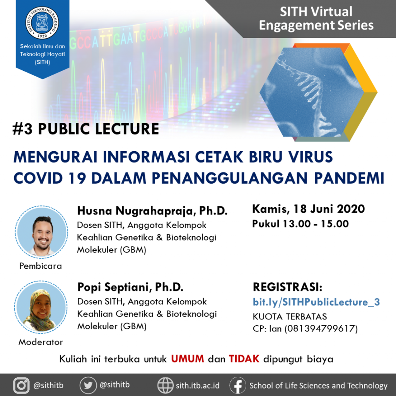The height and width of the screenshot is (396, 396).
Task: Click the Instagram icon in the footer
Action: coord(22,386)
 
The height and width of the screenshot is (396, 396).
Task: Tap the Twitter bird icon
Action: coord(88,386)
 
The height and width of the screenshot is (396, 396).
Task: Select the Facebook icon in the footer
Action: coord(237,386)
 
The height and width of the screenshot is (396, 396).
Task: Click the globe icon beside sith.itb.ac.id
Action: coord(166,386)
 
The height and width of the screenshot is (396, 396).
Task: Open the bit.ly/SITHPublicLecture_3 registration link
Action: coord(316,302)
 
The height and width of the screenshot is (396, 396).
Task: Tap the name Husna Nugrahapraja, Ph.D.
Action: coord(152,211)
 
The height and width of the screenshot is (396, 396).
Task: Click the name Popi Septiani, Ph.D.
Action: coord(130,287)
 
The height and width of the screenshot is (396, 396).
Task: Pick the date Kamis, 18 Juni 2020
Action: coord(309,209)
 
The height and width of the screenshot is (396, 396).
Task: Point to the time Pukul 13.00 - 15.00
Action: coord(300,224)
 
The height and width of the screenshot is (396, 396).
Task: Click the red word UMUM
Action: coord(188,358)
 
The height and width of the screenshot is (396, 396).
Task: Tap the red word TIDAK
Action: coord(244,358)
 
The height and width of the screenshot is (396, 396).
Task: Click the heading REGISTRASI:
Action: coord(287,287)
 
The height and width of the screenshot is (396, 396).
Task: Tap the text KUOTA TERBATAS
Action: coord(290,316)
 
